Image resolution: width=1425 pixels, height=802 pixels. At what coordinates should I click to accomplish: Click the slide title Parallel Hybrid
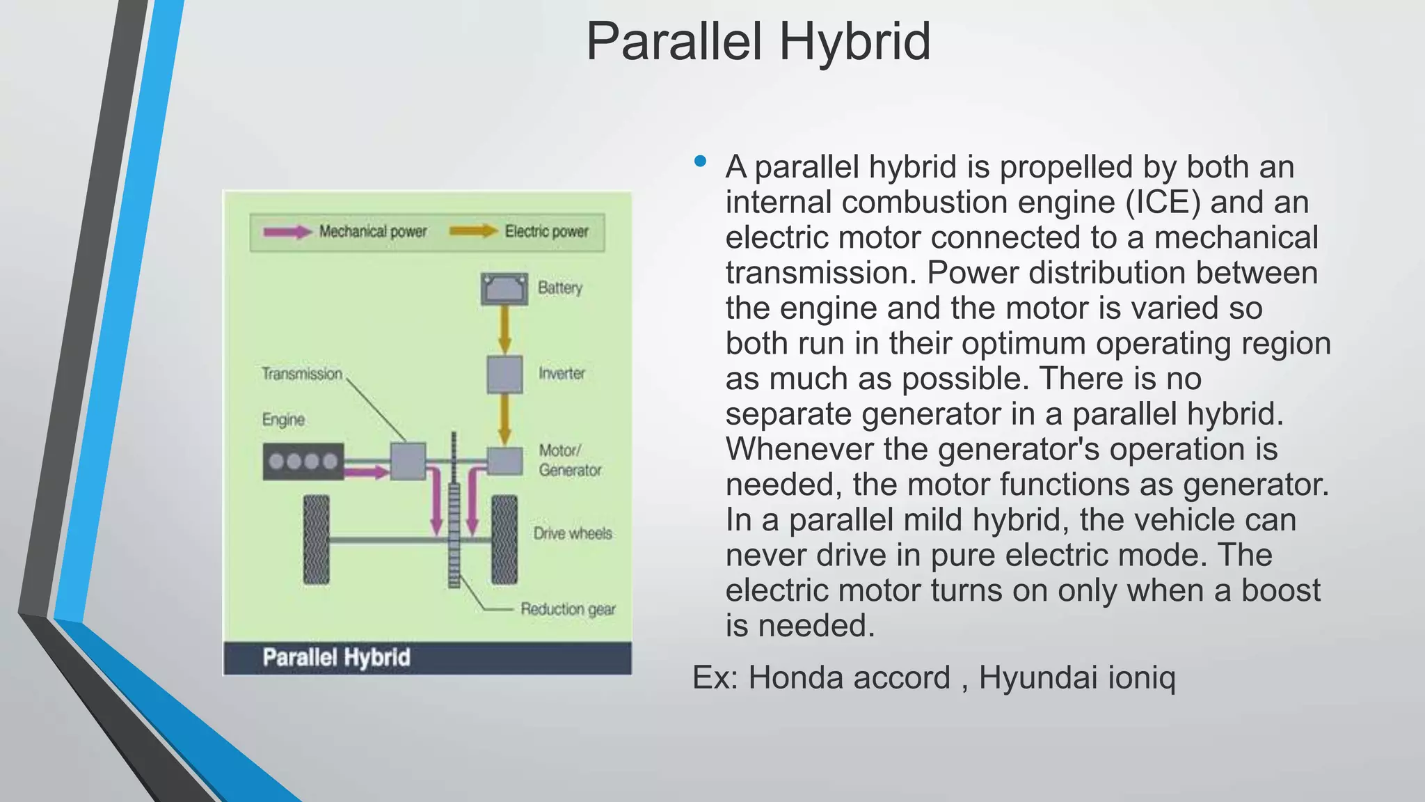758,42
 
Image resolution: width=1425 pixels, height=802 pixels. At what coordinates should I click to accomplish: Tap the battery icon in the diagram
504,289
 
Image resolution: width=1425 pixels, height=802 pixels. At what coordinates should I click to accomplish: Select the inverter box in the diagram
504,375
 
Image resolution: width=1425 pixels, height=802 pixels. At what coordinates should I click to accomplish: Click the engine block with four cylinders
303,461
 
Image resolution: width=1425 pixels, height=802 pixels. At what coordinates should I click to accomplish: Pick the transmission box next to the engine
408,461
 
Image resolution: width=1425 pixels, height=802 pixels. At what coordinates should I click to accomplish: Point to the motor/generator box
504,461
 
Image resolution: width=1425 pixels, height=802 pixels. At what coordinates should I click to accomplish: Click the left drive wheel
317,540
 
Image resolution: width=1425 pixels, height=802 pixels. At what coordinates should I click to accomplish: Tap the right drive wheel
504,540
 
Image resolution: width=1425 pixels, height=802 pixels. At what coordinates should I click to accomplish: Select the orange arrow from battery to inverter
504,330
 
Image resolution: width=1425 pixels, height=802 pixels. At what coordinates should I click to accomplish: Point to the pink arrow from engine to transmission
367,473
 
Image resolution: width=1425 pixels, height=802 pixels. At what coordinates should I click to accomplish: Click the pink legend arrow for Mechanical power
287,232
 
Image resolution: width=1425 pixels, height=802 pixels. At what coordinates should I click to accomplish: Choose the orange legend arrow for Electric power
473,231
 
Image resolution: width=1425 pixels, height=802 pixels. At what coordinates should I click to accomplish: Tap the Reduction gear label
568,609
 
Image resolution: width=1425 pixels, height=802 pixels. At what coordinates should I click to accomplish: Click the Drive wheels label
573,533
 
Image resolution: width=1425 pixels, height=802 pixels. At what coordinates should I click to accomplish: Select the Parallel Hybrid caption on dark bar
336,658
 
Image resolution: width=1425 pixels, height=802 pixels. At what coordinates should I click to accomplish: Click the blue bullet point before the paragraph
700,162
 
